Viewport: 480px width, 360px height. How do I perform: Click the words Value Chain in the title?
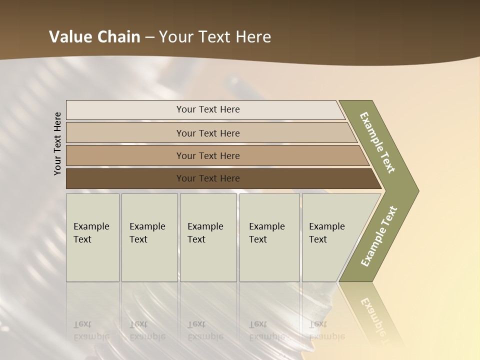(94, 37)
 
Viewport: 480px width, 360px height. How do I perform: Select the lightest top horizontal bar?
(125, 110)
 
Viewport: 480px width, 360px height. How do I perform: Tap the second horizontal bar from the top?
(125, 133)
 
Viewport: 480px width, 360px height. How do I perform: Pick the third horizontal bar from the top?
(125, 155)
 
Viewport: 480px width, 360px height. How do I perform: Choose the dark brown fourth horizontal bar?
(125, 178)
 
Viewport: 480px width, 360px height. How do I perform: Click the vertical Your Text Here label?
(57, 143)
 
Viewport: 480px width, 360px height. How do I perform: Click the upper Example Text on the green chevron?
(377, 142)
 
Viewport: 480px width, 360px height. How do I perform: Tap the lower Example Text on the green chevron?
(379, 236)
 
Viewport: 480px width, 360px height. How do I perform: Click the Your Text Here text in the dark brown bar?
(208, 178)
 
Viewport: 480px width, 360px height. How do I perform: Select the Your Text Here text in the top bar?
(208, 109)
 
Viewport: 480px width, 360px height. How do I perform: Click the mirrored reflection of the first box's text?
(91, 330)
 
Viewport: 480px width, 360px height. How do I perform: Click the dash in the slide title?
(149, 37)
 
